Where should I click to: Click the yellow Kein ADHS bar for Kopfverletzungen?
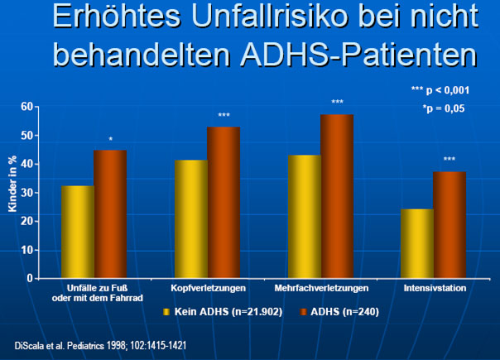(x=191, y=218)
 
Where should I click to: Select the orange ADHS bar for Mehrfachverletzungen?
(x=337, y=196)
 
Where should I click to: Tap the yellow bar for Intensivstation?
(x=417, y=243)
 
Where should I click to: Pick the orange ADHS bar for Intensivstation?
(x=450, y=225)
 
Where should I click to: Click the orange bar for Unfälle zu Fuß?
(x=110, y=214)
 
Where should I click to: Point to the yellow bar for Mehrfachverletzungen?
(x=305, y=217)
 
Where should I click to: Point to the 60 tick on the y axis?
(x=27, y=107)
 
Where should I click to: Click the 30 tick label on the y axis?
(x=27, y=193)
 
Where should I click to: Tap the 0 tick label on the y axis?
(x=30, y=278)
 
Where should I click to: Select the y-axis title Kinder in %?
(x=12, y=184)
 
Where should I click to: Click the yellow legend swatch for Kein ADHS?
(x=166, y=311)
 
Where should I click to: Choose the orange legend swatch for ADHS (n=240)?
(x=303, y=311)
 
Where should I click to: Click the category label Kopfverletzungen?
(x=209, y=288)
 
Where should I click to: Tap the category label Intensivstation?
(x=435, y=288)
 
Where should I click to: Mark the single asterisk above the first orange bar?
(x=111, y=139)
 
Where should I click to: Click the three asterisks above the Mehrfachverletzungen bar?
(x=338, y=102)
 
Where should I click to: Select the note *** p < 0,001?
(x=440, y=90)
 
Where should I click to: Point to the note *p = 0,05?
(x=444, y=108)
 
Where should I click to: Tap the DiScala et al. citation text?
(x=100, y=346)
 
